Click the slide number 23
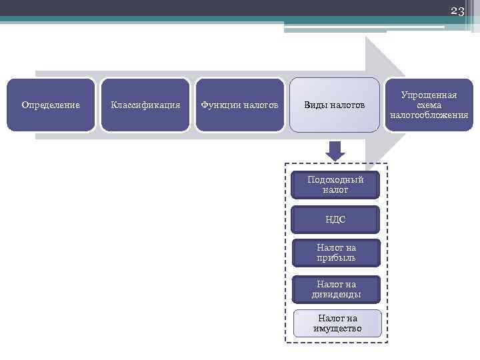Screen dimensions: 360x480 coord(457,11)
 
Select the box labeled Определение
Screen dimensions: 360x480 coord(51,105)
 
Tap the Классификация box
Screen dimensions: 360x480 coord(145,105)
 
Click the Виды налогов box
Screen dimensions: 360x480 coord(335,105)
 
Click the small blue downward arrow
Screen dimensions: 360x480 coord(335,151)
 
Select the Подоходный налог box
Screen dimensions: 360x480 coord(335,185)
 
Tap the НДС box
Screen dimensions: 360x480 coord(335,219)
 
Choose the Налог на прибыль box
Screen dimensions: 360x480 coord(336,253)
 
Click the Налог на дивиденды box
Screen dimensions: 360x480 coord(336,289)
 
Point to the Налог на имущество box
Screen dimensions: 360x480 coord(337,323)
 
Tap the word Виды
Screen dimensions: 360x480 coord(317,105)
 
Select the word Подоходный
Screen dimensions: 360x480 coord(335,180)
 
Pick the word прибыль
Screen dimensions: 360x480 coord(336,257)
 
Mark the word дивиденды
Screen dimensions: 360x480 coord(336,294)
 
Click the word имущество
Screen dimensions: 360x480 coord(337,328)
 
